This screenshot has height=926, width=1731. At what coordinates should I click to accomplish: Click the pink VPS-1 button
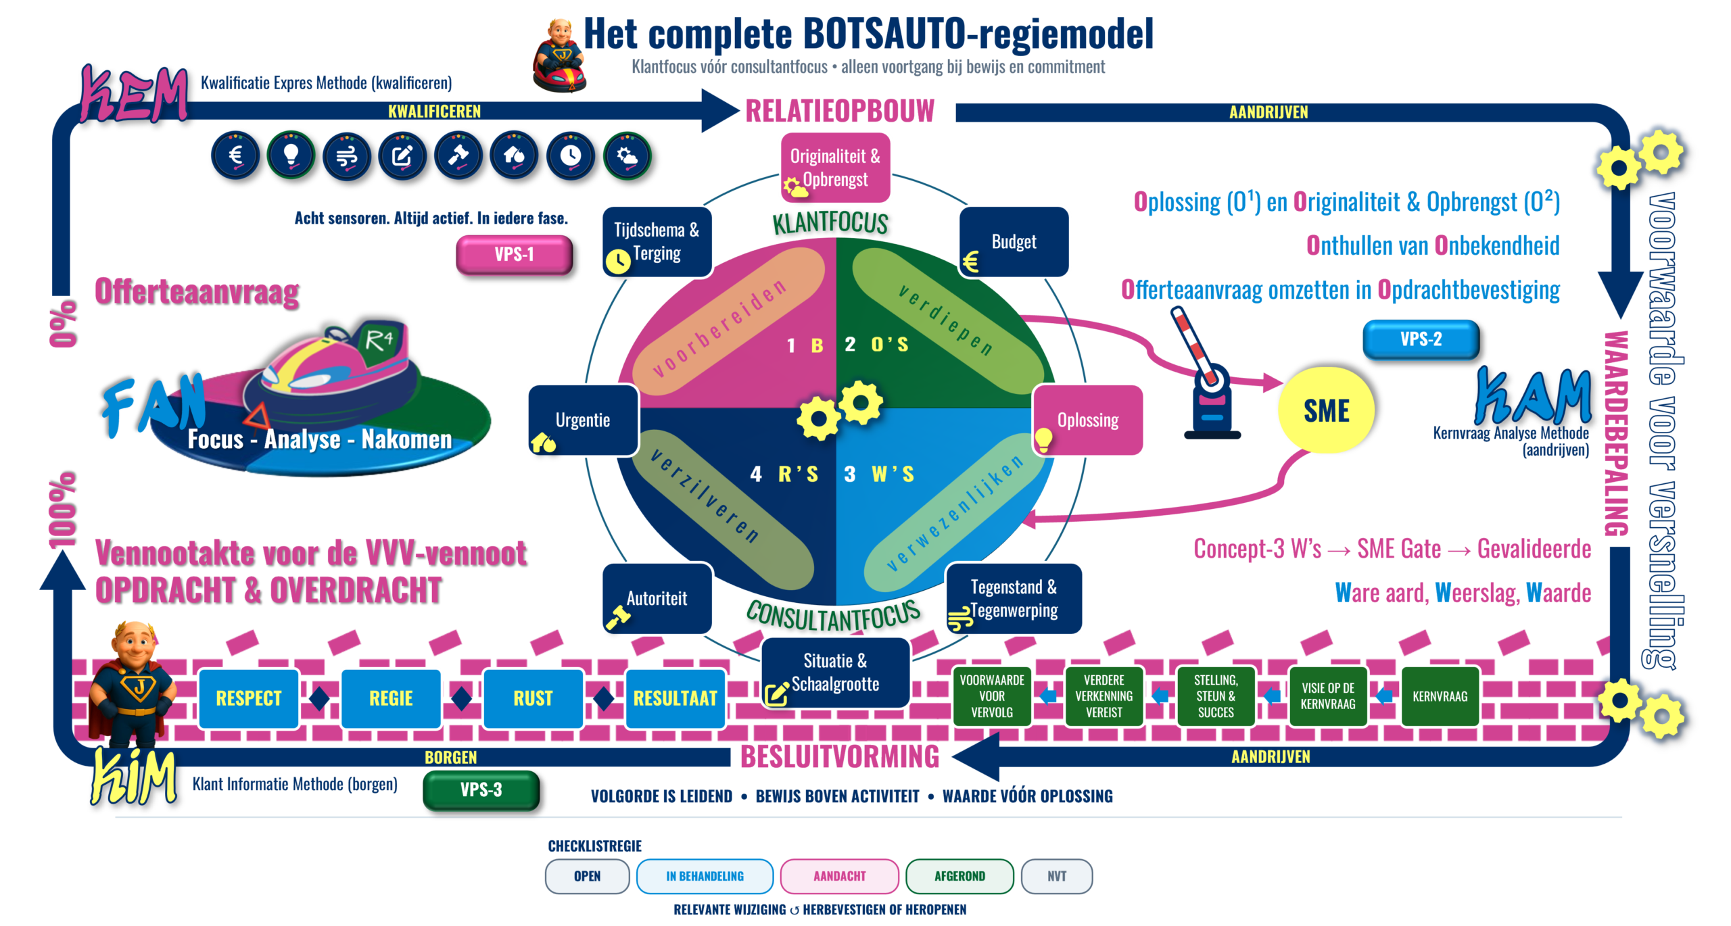(x=514, y=254)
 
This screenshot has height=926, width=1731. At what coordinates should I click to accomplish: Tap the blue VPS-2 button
(x=1421, y=339)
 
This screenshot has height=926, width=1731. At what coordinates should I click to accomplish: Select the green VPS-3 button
(x=481, y=789)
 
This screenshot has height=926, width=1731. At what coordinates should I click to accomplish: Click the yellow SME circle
(x=1326, y=410)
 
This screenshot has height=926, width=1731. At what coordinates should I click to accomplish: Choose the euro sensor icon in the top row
(x=235, y=156)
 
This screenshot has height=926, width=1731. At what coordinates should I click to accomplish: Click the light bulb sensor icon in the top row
(x=291, y=156)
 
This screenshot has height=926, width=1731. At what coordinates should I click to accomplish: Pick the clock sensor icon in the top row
(x=571, y=156)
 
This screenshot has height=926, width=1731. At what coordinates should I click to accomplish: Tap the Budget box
(x=1014, y=242)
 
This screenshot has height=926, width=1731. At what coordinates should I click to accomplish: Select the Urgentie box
(x=583, y=420)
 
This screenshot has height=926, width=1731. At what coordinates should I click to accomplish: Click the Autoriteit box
(x=657, y=599)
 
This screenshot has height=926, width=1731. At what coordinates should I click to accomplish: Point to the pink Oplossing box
(x=1088, y=420)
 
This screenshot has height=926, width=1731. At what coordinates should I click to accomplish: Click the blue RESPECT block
(x=249, y=698)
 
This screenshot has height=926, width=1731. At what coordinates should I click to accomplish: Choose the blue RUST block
(x=533, y=698)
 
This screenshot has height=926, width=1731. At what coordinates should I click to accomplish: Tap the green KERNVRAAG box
(x=1440, y=696)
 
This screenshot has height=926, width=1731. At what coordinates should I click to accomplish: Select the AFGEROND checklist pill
(x=959, y=876)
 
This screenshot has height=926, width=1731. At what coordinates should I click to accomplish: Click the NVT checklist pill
(x=1057, y=876)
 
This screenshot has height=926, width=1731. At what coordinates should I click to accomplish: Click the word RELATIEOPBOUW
(x=840, y=111)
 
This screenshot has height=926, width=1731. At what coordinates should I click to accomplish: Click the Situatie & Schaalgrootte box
(x=836, y=673)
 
